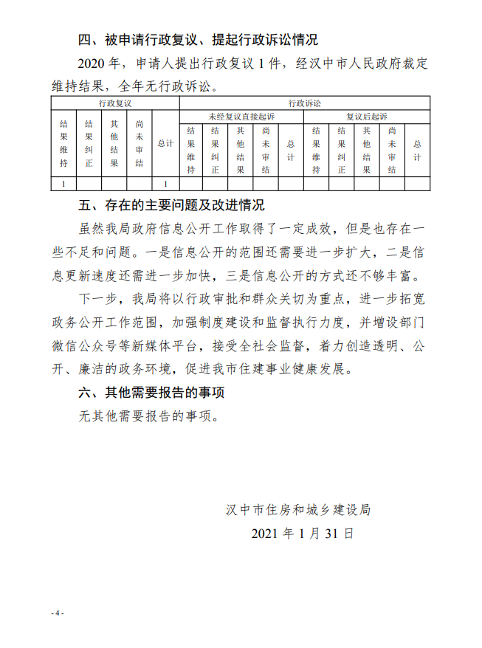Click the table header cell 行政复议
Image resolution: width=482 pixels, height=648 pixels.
(115, 103)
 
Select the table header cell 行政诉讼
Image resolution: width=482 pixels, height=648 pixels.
(304, 103)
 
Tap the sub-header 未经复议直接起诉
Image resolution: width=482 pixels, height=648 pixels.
(241, 117)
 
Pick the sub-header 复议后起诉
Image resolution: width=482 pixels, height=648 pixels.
(366, 117)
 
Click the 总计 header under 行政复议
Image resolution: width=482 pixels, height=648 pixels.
(165, 144)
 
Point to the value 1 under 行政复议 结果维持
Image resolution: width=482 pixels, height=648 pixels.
(63, 184)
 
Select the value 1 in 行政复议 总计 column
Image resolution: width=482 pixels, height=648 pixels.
(165, 184)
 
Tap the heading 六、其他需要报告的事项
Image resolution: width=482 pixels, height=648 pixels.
(151, 393)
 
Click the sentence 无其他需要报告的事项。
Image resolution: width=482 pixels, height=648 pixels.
(149, 416)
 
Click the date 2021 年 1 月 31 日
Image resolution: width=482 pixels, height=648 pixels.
(303, 533)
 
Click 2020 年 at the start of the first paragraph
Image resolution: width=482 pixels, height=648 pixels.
(97, 64)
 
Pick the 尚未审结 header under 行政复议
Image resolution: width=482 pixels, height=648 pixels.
(140, 144)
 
